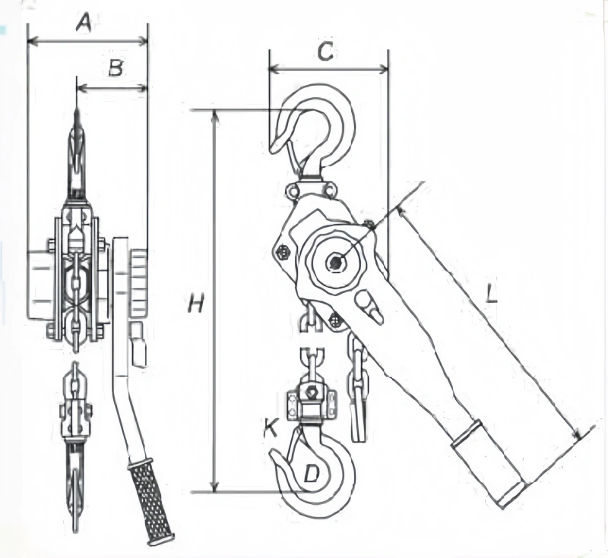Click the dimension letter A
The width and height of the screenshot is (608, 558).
(85, 24)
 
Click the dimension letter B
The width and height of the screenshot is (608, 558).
(115, 69)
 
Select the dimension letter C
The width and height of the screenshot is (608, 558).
(325, 52)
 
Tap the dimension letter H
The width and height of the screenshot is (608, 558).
(196, 304)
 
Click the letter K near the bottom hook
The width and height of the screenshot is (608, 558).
(270, 427)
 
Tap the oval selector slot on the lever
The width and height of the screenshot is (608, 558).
(369, 308)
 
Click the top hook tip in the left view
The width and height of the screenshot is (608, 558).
(77, 114)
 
